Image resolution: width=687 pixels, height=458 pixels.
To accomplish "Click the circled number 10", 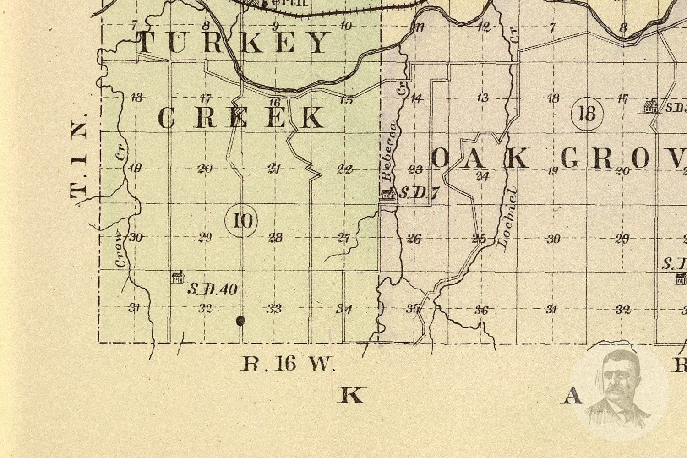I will pos(241,221).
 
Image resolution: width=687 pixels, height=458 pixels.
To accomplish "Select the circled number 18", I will pos(587,113).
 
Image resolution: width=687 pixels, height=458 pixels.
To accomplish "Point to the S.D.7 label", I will pos(419,193).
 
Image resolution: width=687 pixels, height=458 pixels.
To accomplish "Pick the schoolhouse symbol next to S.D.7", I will pos(388,194).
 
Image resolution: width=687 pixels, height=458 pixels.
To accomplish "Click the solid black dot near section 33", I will pos(240,321).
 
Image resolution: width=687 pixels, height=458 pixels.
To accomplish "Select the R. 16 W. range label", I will pos(288,364).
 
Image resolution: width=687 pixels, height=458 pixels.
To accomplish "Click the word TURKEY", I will pos(234,43).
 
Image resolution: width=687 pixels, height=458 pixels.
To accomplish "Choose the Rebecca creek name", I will pos(387,152).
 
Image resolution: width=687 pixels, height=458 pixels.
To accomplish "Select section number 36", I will pos(481,310).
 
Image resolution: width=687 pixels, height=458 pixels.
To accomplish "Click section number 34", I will pos(344,309).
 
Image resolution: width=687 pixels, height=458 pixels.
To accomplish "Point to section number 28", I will pos(275,238).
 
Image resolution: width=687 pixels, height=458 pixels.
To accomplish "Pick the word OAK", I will pos(481,158).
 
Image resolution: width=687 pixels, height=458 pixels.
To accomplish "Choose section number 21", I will pos(274,169).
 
